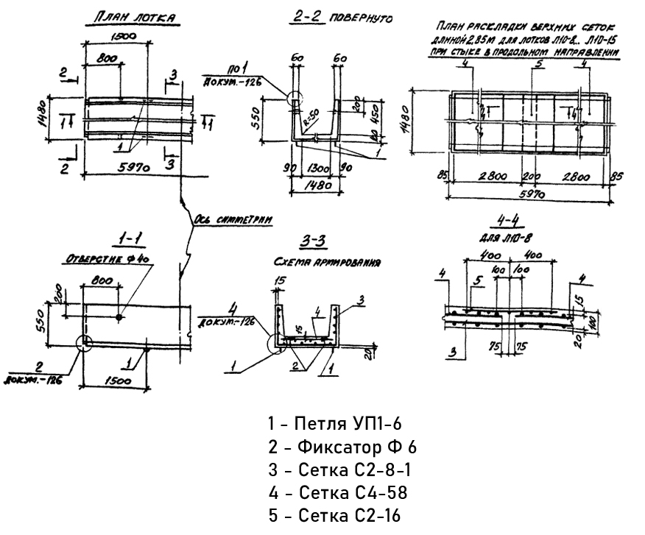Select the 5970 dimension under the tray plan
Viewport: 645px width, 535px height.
coord(135,169)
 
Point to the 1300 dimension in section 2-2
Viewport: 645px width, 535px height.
coord(314,169)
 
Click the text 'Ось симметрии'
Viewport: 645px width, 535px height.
coord(234,219)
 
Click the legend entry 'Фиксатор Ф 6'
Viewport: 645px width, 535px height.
coord(342,447)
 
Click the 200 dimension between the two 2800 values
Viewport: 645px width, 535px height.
coord(530,177)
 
